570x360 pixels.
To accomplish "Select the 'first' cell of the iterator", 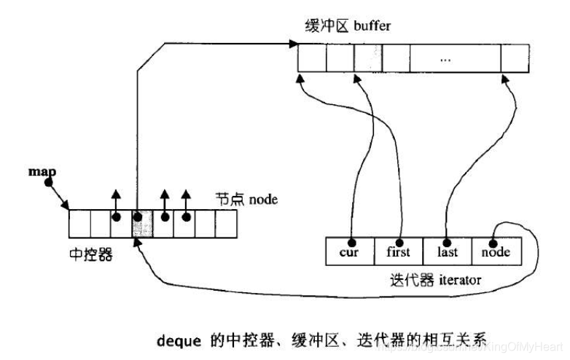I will [397, 252].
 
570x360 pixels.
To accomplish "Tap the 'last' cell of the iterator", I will [446, 252].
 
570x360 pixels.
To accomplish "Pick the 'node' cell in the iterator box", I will [496, 252].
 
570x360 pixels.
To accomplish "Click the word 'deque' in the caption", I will [177, 339].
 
